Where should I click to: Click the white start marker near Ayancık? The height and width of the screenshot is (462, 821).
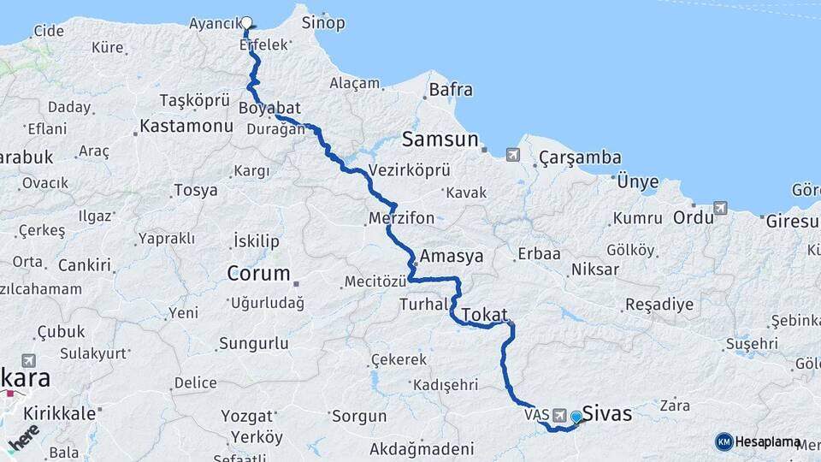[247, 23]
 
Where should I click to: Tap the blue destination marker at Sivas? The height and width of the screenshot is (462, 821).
[576, 417]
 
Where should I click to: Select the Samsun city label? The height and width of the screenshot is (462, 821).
[440, 139]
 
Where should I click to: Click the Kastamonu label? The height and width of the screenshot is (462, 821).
[186, 126]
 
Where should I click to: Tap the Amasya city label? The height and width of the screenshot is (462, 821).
[452, 256]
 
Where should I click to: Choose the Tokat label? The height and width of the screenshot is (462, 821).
[485, 315]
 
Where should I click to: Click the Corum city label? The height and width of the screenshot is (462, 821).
[258, 274]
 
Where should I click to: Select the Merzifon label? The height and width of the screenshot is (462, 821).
[401, 218]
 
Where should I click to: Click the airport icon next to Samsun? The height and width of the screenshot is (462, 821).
[512, 155]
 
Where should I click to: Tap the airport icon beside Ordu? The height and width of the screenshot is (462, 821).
[720, 208]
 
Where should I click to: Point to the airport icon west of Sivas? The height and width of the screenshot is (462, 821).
[560, 414]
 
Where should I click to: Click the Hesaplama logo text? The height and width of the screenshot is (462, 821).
[768, 441]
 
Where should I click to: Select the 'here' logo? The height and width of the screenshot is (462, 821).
[24, 438]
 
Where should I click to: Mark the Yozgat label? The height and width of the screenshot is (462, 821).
[246, 417]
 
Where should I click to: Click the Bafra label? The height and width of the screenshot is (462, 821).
[451, 88]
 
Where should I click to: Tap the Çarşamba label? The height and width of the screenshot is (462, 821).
[580, 158]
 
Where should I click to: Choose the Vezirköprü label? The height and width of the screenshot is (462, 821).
[409, 169]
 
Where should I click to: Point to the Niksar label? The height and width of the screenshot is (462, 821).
[596, 269]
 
